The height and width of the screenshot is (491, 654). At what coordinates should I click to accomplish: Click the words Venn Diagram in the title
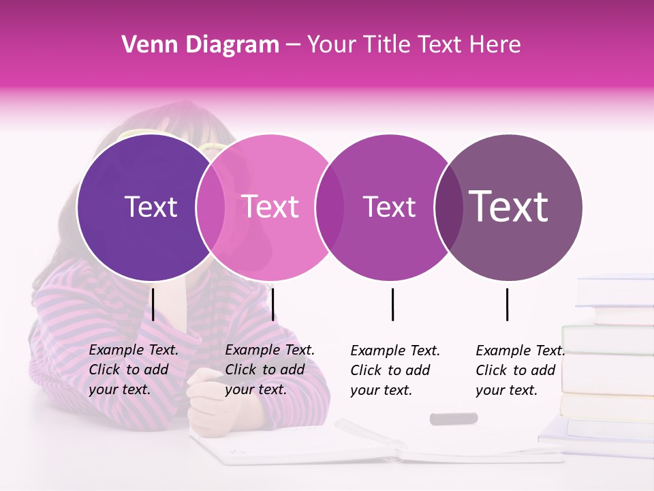point(200,45)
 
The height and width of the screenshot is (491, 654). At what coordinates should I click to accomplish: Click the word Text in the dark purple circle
point(151,207)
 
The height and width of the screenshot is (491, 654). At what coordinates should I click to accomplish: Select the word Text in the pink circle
point(270,207)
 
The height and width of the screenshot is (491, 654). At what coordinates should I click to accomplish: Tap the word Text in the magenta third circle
point(389,207)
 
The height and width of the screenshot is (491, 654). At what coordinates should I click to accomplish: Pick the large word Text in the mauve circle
point(509,206)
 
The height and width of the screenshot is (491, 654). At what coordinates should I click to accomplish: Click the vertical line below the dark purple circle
point(153,304)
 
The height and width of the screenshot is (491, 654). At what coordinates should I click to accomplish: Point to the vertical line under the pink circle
point(272,304)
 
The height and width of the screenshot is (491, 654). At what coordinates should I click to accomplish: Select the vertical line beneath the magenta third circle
point(392,304)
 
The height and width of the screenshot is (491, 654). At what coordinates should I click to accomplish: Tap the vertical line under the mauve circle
point(507,304)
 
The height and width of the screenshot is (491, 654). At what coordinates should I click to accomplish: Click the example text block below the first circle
point(134,370)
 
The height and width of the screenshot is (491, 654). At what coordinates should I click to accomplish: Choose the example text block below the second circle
point(270,370)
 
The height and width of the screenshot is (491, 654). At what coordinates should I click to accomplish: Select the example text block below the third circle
point(395,370)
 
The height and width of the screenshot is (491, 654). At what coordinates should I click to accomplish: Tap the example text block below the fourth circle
point(520,370)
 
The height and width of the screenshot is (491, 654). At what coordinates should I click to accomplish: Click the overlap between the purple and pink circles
point(211,207)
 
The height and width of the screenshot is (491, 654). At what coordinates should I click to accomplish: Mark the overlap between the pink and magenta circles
point(330,207)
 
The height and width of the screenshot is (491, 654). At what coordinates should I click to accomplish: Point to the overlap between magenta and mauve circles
point(449,207)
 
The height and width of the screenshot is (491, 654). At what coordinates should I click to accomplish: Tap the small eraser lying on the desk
point(454,418)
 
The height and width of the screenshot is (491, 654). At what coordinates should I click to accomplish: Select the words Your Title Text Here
point(414,45)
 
